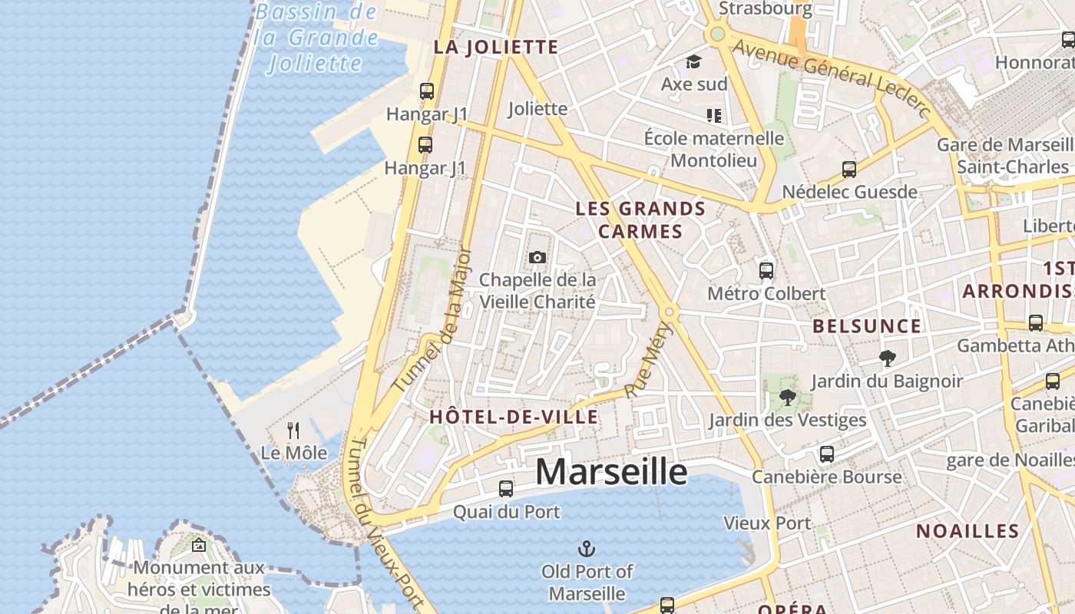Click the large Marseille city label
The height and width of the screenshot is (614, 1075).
coord(610,471)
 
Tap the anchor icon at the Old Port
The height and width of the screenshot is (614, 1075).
coord(587,549)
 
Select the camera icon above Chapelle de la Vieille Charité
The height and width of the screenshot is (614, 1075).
coord(537,257)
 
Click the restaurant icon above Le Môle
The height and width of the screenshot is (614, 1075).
coord(293,430)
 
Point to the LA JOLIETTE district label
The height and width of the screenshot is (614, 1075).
coord(496,47)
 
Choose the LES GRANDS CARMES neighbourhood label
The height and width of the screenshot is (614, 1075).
coord(640,220)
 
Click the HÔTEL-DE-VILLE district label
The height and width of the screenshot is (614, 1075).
coord(514,417)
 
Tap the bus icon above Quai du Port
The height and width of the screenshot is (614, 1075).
coord(505,488)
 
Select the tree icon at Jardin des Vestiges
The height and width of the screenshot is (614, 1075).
coord(787,397)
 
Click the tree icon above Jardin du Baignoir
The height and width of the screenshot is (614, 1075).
coord(887,358)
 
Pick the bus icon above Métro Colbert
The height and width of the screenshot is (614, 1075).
coord(766,270)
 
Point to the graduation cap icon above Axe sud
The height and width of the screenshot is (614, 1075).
coord(694,61)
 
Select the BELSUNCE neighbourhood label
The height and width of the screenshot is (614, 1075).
coord(867,326)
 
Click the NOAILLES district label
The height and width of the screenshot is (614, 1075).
coord(968,531)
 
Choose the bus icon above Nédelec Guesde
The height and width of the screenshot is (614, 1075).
coord(848,169)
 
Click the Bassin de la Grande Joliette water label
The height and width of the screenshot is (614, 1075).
coord(316,36)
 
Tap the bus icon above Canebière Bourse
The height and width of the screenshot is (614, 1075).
coord(826,454)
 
